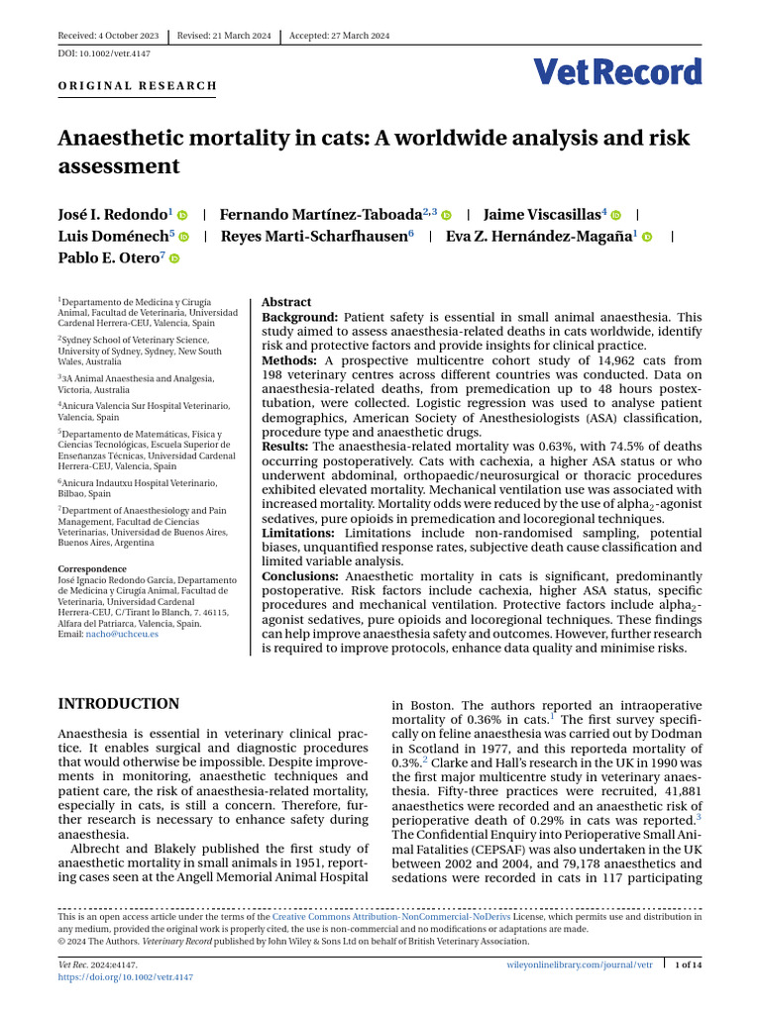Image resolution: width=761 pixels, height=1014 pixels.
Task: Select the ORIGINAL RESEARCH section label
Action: (138, 86)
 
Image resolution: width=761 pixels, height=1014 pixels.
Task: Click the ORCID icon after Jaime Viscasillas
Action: (615, 215)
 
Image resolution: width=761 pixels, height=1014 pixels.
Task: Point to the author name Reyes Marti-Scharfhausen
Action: (315, 237)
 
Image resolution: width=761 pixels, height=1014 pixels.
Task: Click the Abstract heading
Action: (285, 302)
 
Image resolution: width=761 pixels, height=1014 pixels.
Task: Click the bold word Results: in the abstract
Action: (285, 446)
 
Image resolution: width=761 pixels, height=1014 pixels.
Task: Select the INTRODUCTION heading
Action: (119, 704)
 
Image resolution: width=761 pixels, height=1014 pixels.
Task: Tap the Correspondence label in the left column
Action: (92, 569)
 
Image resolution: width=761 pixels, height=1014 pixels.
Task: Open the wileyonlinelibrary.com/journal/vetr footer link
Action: (579, 964)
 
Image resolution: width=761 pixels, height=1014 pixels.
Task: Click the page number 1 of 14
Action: (688, 964)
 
